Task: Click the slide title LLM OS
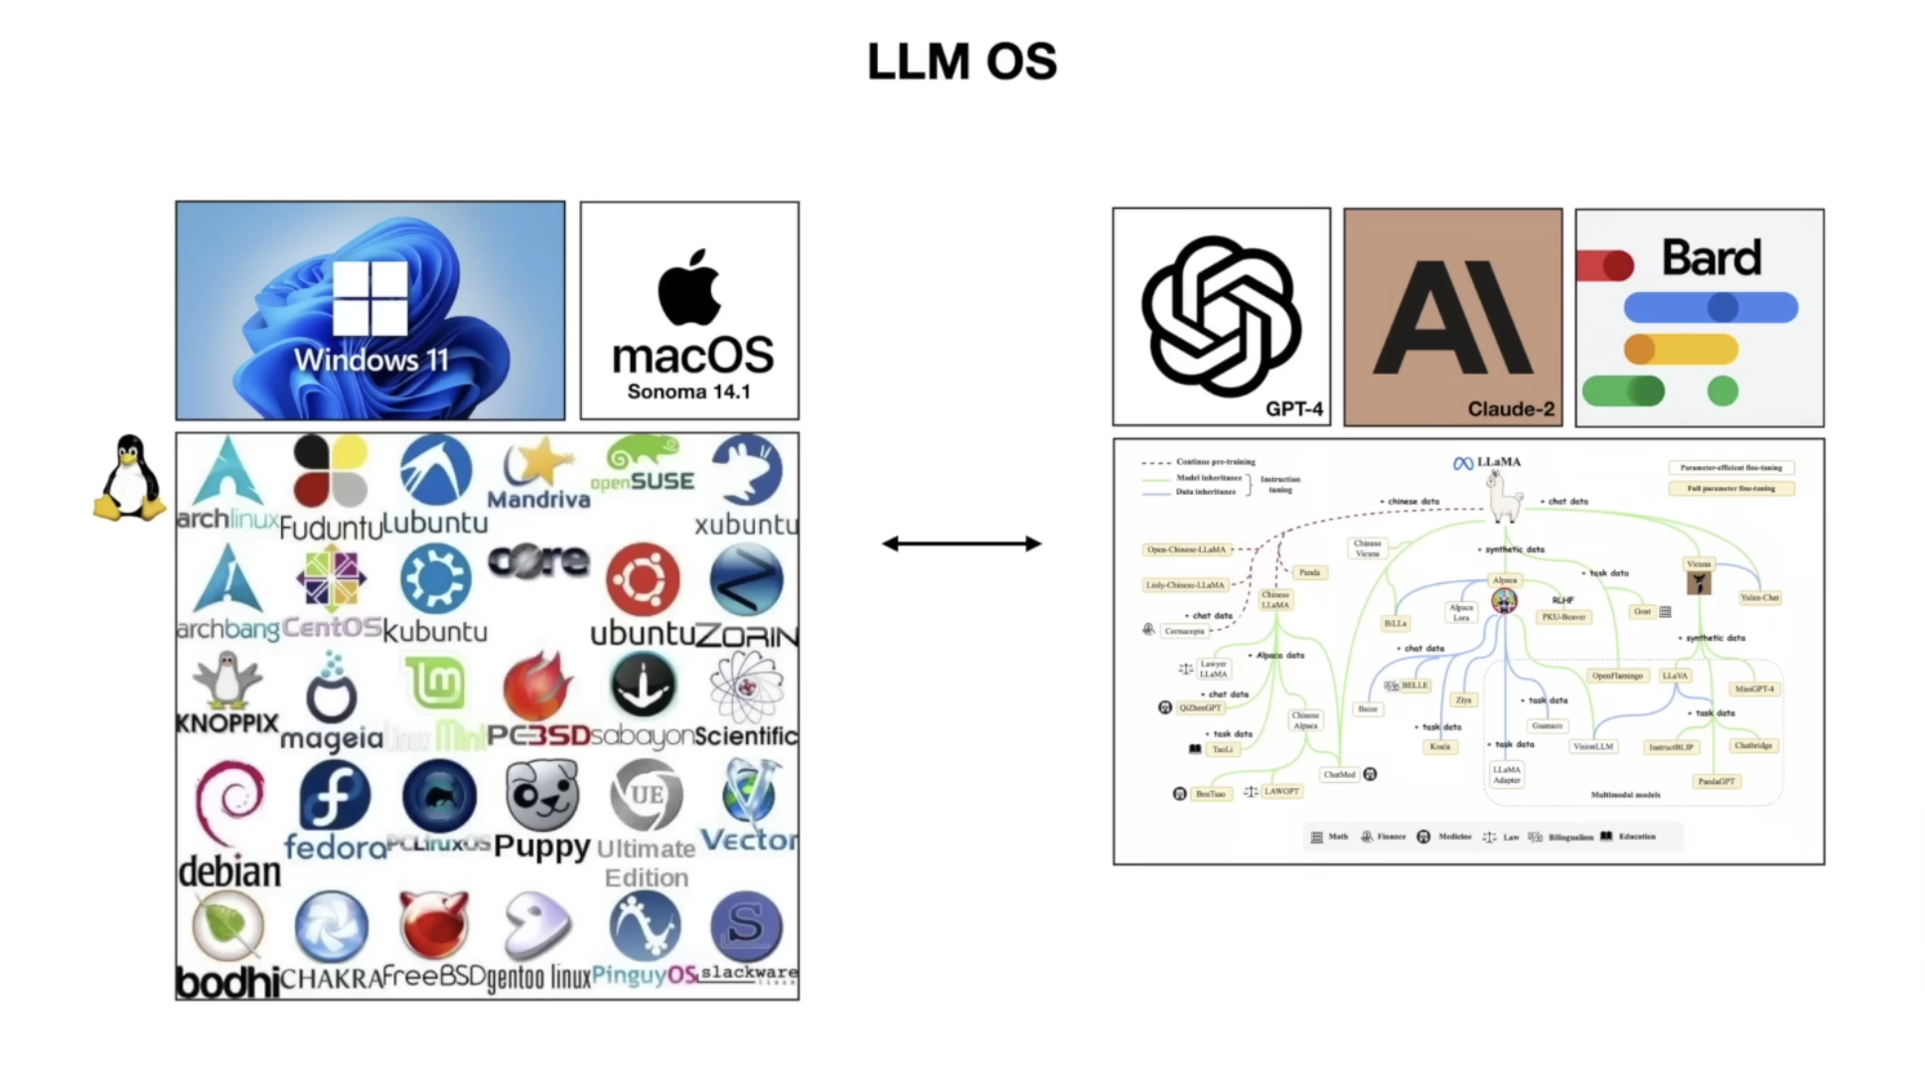pyautogui.click(x=962, y=62)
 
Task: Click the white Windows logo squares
pyautogui.click(x=370, y=297)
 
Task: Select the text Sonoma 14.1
pyautogui.click(x=688, y=391)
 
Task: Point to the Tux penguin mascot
pyautogui.click(x=129, y=478)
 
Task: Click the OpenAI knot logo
pyautogui.click(x=1221, y=315)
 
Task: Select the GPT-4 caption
pyautogui.click(x=1293, y=408)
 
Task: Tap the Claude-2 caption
pyautogui.click(x=1510, y=408)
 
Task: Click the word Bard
pyautogui.click(x=1711, y=257)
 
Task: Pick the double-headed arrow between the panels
pyautogui.click(x=962, y=543)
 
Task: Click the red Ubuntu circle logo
pyautogui.click(x=644, y=578)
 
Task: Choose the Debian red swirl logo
pyautogui.click(x=229, y=801)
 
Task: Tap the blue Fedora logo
pyautogui.click(x=334, y=796)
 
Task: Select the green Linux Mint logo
pyautogui.click(x=435, y=683)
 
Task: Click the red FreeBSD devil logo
pyautogui.click(x=433, y=924)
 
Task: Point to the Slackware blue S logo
pyautogui.click(x=746, y=925)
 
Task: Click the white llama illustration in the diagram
pyautogui.click(x=1504, y=497)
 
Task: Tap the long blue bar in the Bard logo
pyautogui.click(x=1710, y=307)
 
